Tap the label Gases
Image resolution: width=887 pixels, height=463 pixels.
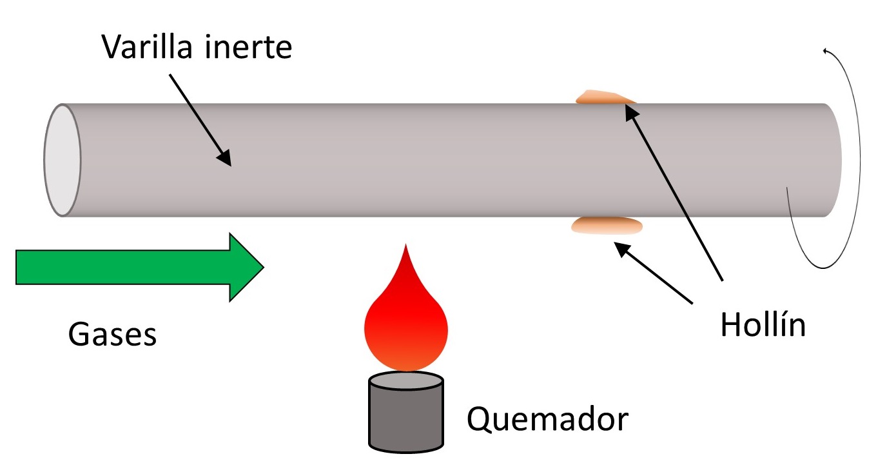click(x=112, y=334)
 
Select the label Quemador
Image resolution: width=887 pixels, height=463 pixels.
click(x=547, y=420)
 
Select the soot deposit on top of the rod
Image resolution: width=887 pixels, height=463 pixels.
click(x=605, y=97)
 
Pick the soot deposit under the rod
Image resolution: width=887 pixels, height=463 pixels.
click(x=607, y=225)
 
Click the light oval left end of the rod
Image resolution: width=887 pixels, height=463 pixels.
click(x=63, y=160)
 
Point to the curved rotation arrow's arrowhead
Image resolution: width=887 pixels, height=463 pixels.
click(x=824, y=52)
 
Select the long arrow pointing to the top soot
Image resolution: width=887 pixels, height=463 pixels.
click(x=677, y=193)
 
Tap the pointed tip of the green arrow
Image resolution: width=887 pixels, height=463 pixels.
click(x=262, y=267)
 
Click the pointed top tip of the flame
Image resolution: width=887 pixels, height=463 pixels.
click(x=405, y=246)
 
